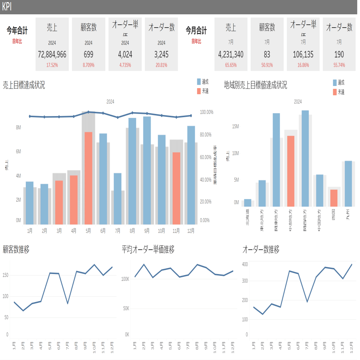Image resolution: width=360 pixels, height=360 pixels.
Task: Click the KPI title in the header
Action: (x=7, y=7)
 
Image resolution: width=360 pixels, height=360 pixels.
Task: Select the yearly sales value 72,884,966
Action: (x=52, y=55)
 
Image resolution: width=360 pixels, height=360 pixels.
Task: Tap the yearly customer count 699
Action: (x=88, y=55)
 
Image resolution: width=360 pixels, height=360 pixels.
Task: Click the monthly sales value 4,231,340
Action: (x=231, y=55)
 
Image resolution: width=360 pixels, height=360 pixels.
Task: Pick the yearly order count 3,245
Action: (x=162, y=55)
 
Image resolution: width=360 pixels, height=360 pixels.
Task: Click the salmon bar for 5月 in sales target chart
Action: (x=88, y=178)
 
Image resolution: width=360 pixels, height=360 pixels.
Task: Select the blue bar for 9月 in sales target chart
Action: (x=147, y=170)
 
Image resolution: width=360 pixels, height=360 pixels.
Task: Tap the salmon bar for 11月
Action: (x=176, y=188)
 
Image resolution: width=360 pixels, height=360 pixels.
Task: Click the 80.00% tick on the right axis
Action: (x=206, y=135)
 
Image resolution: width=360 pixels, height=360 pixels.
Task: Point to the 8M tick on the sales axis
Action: (x=18, y=128)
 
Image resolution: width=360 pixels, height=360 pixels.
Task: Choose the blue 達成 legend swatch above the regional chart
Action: (x=335, y=82)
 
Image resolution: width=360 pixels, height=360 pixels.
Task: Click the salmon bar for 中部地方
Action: (x=291, y=171)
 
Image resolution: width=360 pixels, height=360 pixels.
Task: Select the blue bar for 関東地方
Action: (x=276, y=160)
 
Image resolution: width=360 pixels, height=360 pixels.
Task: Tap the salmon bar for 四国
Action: (x=334, y=198)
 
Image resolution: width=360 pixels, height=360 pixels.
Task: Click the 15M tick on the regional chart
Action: (x=235, y=126)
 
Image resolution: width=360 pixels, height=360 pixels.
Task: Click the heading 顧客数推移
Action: (x=16, y=250)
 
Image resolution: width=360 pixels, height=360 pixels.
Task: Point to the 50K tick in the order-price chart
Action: (x=125, y=308)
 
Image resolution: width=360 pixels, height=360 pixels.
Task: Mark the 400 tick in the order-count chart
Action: (x=245, y=264)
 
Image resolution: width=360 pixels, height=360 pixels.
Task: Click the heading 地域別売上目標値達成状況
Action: (x=255, y=85)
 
